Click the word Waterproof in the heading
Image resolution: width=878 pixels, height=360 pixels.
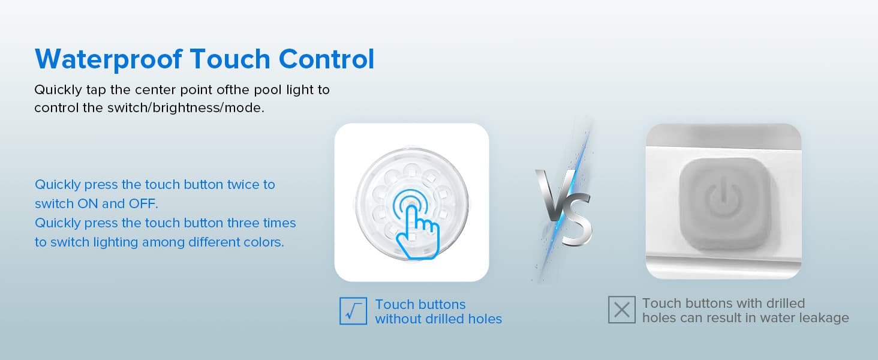click(108, 59)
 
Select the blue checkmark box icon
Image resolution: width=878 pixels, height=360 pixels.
click(353, 311)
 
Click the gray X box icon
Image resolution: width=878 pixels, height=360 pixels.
click(621, 310)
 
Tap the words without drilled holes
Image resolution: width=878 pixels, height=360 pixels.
click(438, 319)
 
